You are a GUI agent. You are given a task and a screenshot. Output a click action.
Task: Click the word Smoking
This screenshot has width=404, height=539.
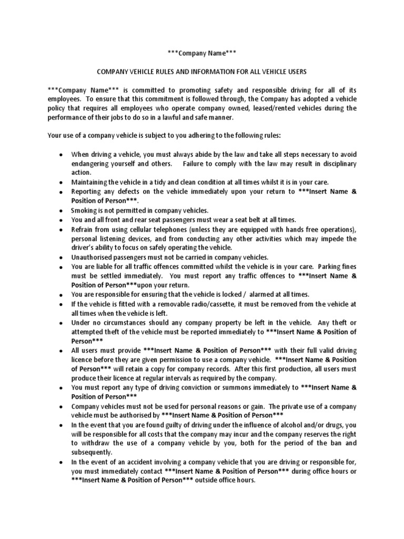[85, 209]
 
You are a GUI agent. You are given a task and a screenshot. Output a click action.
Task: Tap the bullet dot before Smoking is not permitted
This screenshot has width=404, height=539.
[61, 210]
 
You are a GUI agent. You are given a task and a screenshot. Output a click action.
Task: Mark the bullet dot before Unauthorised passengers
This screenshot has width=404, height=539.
[61, 257]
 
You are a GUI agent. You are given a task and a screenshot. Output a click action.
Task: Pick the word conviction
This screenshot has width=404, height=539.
[189, 387]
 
